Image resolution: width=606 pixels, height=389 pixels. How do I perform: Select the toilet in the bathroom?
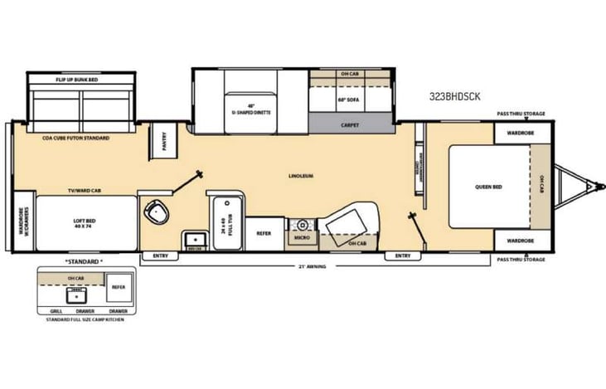pos(155,212)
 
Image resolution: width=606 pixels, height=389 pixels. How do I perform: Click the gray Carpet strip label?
pos(350,124)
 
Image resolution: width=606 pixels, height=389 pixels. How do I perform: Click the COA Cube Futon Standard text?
pos(75,138)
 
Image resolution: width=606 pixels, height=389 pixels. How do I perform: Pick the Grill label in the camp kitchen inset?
pos(56,310)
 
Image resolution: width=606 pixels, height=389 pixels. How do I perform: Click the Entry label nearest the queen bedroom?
pos(403,255)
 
